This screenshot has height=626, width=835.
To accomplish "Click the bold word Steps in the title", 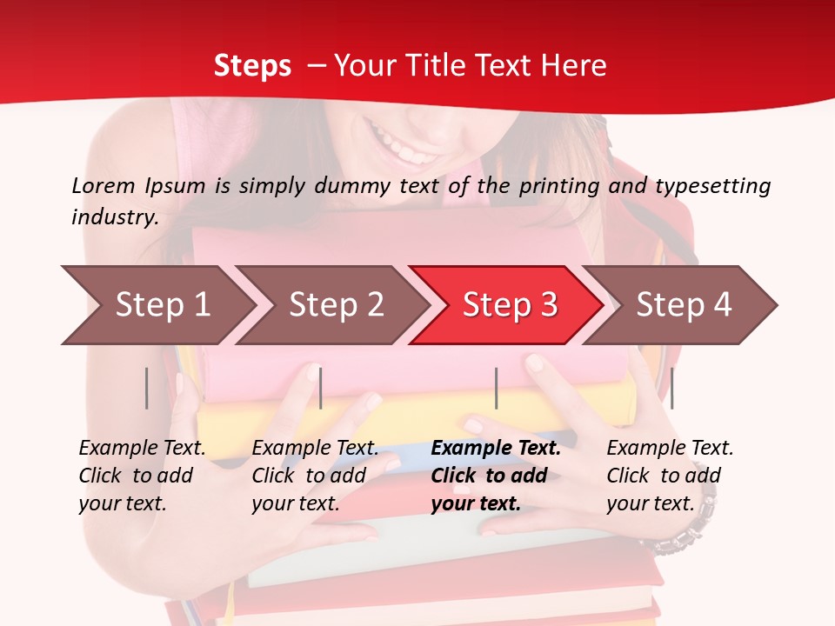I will pyautogui.click(x=252, y=65).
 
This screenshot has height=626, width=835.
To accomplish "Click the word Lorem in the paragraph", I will pyautogui.click(x=103, y=185).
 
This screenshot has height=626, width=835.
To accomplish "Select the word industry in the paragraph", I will pyautogui.click(x=114, y=216).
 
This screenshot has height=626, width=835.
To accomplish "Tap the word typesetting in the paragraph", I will pyautogui.click(x=712, y=185).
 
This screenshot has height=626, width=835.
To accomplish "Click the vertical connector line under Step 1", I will pyautogui.click(x=147, y=388).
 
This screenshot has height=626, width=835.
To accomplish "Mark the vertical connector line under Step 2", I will pyautogui.click(x=321, y=388).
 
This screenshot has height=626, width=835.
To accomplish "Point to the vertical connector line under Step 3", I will pyautogui.click(x=497, y=388).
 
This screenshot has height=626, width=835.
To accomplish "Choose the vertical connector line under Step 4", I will pyautogui.click(x=671, y=388).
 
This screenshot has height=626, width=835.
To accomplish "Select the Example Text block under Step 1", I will pyautogui.click(x=142, y=476).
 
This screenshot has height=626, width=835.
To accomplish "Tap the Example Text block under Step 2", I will pyautogui.click(x=315, y=476).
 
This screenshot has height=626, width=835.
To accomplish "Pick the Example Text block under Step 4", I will pyautogui.click(x=670, y=476).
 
